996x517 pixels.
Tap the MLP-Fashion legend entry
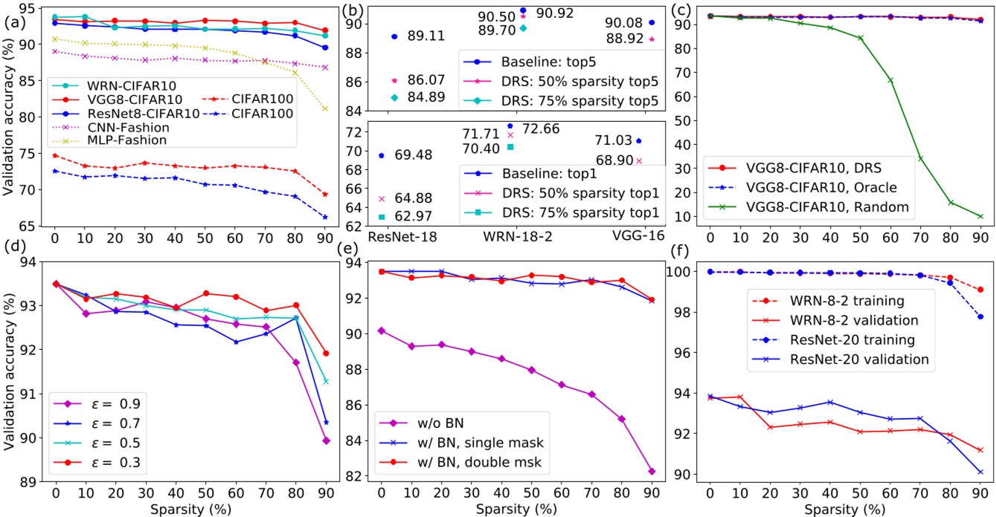click(x=97, y=140)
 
